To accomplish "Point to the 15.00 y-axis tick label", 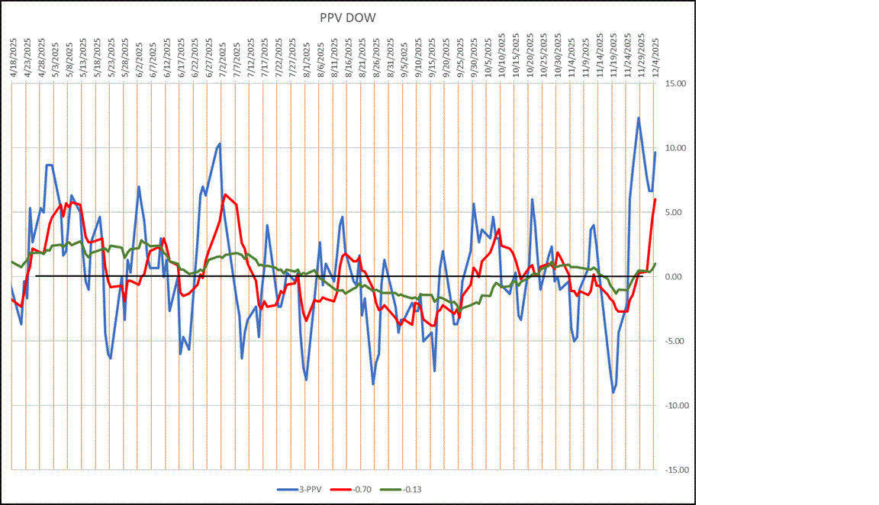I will (675, 84).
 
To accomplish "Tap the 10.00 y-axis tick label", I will (675, 148).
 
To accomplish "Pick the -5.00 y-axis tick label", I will (675, 341).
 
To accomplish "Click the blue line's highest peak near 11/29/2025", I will (638, 117).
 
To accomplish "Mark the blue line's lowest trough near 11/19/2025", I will (613, 392).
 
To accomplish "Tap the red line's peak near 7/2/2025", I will (225, 195).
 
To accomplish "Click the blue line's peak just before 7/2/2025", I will (220, 143).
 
